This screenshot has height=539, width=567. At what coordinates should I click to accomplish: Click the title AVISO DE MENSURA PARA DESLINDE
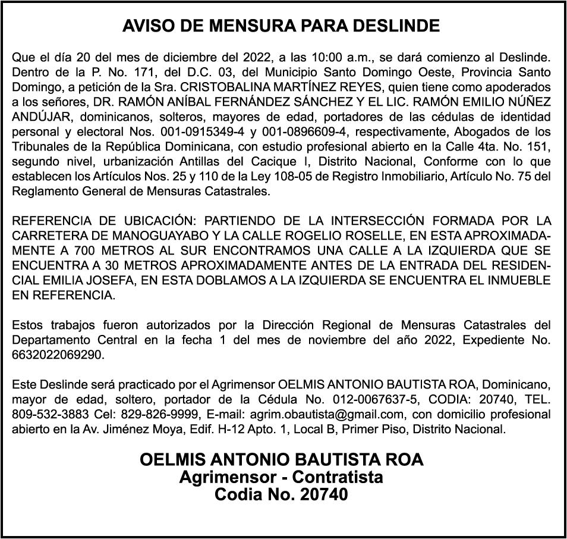pos(281,26)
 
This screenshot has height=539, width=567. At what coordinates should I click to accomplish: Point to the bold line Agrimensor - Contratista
pos(281,477)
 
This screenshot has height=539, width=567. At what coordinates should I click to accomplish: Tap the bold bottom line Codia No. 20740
pos(281,494)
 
